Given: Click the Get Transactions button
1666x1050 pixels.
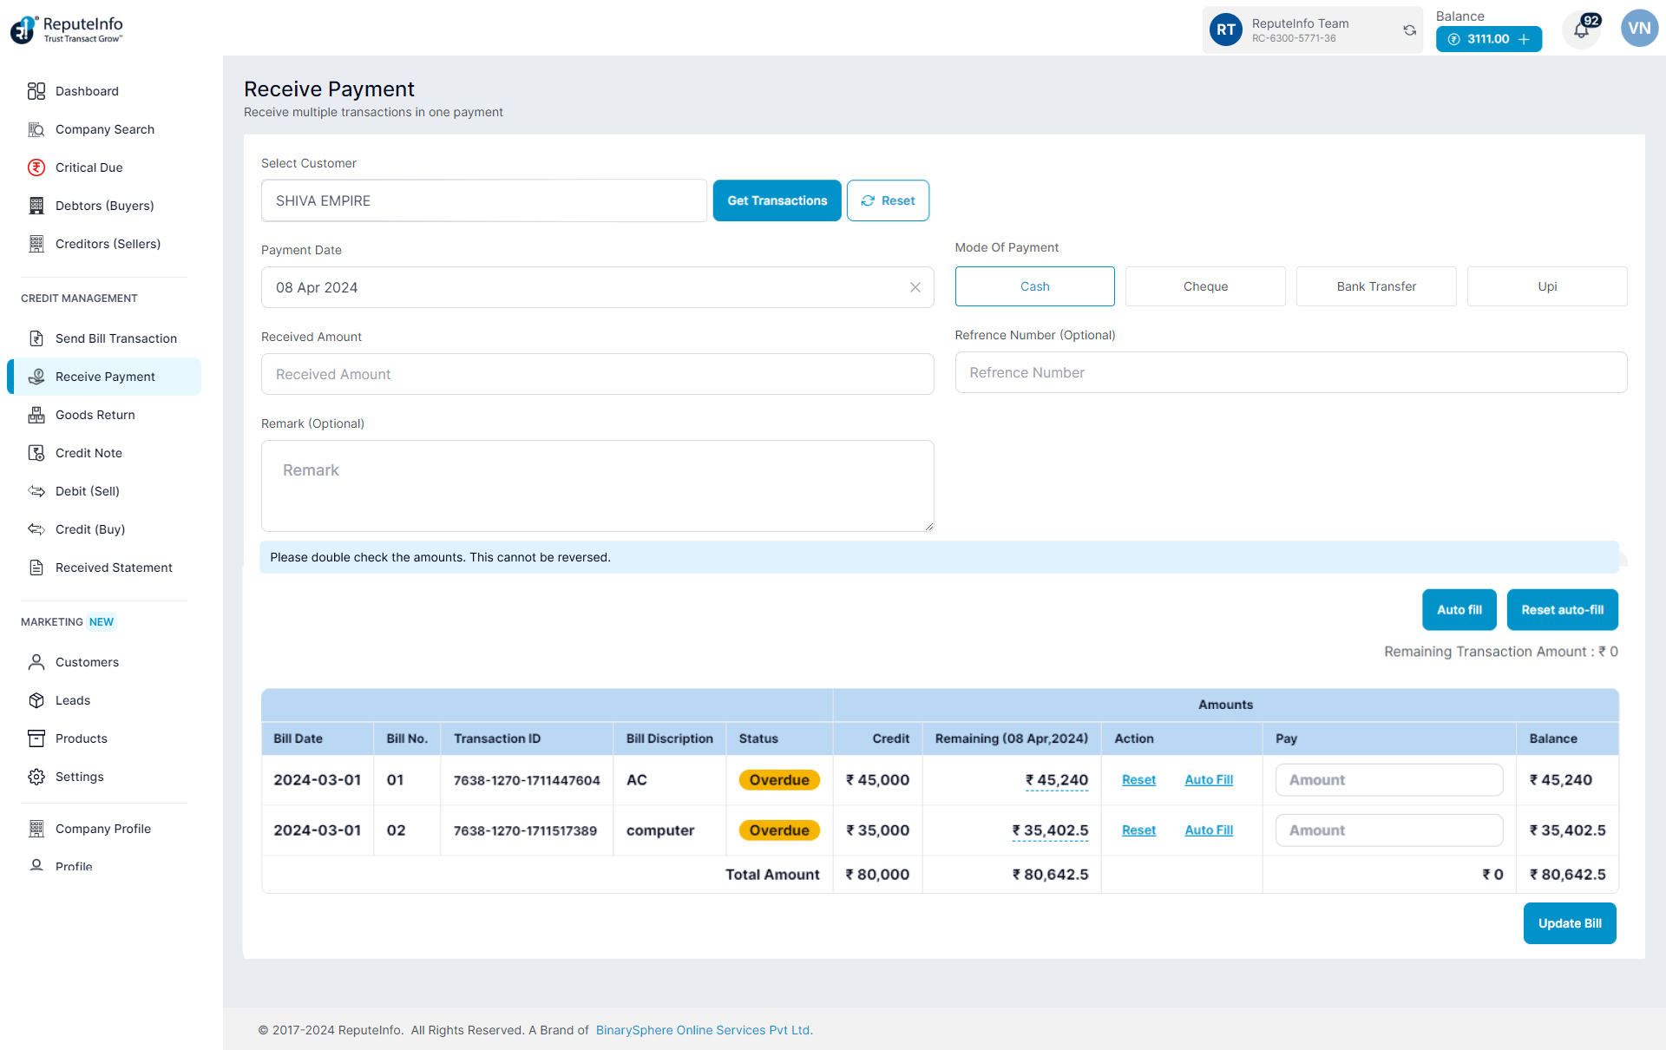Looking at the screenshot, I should click(x=777, y=200).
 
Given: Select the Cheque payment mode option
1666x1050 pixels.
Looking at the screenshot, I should click(x=1204, y=286).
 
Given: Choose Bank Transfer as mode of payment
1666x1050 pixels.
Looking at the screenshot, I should click(x=1375, y=286).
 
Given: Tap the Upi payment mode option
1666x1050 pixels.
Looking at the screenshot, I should click(x=1546, y=286).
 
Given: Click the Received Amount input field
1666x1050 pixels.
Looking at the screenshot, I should click(x=597, y=374).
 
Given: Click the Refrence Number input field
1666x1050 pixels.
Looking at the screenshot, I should click(x=1290, y=372).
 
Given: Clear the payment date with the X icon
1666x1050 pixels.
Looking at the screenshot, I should click(x=915, y=287).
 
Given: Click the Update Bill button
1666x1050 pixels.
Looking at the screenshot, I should click(x=1569, y=923).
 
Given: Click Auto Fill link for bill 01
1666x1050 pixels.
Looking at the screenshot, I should click(x=1208, y=780).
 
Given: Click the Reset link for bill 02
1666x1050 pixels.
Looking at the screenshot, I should click(x=1138, y=830).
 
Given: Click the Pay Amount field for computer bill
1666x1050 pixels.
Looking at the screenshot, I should click(x=1388, y=830).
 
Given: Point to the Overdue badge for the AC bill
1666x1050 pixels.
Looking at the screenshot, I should click(x=778, y=780).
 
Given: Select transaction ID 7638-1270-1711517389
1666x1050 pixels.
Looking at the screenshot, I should click(x=525, y=830).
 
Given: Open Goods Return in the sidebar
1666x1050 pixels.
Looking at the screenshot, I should click(x=95, y=415).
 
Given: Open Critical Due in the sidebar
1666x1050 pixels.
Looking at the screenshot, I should click(x=89, y=167).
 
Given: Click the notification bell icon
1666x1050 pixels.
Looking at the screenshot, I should click(x=1581, y=30).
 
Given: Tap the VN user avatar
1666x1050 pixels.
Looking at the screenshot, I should click(x=1638, y=29).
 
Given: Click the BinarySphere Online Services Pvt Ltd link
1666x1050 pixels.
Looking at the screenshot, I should click(x=703, y=1030).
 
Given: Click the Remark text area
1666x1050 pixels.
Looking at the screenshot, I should click(x=597, y=486).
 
